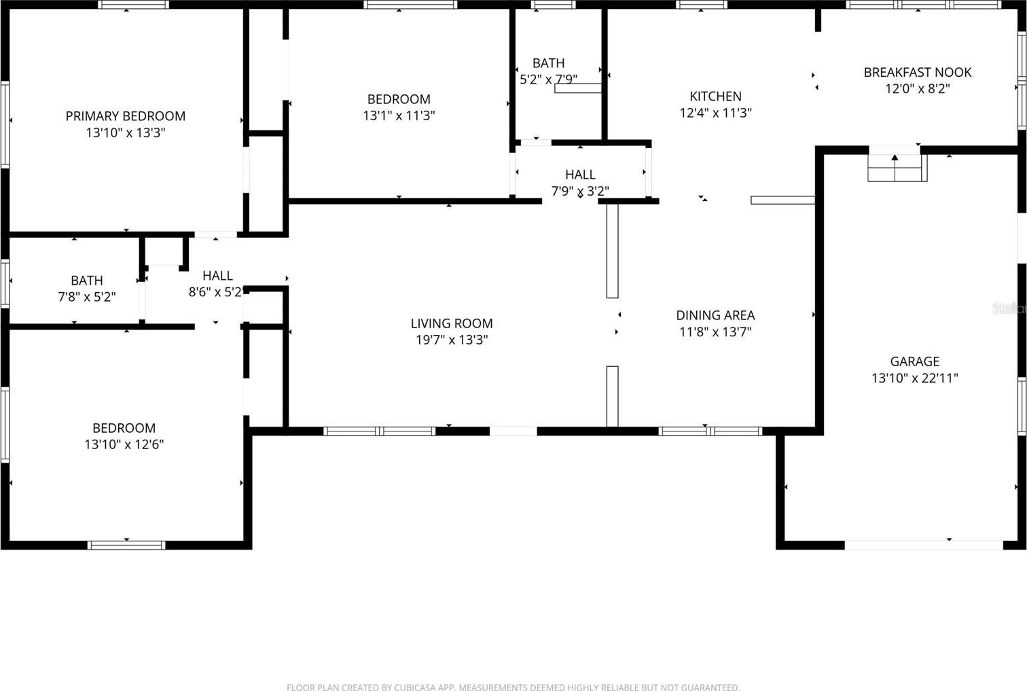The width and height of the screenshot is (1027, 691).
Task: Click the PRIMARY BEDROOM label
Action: click(x=126, y=116)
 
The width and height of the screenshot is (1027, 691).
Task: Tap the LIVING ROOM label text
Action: click(x=452, y=323)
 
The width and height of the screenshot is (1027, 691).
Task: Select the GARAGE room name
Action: click(x=915, y=361)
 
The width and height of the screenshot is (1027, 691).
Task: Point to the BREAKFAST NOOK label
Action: click(x=918, y=73)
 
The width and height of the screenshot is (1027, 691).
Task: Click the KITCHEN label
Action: click(x=715, y=96)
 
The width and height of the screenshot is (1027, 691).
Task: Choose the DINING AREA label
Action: click(x=715, y=315)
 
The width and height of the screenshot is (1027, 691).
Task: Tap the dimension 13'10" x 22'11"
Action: click(x=915, y=378)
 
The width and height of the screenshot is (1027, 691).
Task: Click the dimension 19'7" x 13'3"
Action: click(x=452, y=340)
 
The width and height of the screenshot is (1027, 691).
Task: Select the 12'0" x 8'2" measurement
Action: click(x=918, y=88)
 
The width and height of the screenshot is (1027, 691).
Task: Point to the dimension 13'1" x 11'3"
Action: click(x=399, y=115)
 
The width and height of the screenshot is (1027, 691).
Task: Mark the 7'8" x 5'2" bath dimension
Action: click(x=87, y=297)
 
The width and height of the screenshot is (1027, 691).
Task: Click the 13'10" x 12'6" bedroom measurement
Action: click(x=124, y=444)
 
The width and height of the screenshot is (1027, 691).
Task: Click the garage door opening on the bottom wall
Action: click(x=923, y=545)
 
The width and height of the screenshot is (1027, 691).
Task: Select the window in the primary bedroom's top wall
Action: click(x=133, y=5)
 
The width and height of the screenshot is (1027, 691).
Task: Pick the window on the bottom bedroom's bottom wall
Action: click(x=126, y=545)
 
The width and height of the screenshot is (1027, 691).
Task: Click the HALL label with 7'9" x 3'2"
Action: click(x=580, y=175)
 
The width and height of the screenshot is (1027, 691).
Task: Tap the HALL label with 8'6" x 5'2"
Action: click(x=217, y=276)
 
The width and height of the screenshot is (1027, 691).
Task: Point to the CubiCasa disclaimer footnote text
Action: click(x=513, y=687)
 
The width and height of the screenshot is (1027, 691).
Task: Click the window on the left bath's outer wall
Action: click(x=5, y=284)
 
